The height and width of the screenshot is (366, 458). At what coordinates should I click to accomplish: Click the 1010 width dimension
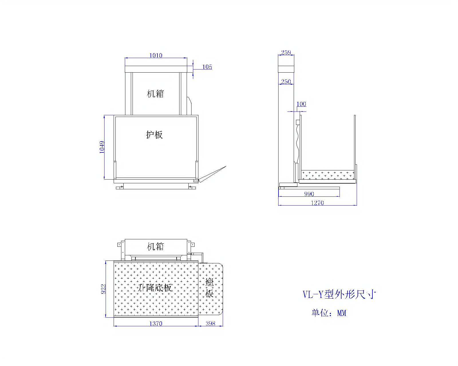click(x=156, y=55)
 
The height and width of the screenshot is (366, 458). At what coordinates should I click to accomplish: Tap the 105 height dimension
click(x=207, y=67)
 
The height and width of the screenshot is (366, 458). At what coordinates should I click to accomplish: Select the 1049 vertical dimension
click(x=102, y=147)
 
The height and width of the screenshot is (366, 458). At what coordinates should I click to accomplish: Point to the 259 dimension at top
click(x=286, y=52)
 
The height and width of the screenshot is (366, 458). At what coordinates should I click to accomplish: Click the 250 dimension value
click(x=286, y=82)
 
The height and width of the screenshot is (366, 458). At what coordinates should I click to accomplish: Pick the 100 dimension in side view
click(x=301, y=104)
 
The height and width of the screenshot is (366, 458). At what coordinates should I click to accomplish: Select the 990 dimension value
click(x=309, y=194)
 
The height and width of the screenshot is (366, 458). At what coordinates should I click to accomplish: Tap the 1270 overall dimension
click(x=317, y=203)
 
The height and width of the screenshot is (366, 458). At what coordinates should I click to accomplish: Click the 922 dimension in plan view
click(x=103, y=289)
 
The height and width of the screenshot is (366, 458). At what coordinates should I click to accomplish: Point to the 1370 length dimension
click(x=156, y=323)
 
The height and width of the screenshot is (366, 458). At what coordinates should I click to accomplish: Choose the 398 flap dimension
click(x=210, y=323)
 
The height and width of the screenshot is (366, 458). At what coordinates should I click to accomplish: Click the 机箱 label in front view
click(x=155, y=94)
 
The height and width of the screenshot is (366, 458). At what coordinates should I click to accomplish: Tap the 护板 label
click(x=154, y=135)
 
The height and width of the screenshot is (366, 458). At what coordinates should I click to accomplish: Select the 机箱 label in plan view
click(x=155, y=246)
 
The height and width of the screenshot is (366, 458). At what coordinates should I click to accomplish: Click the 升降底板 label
click(x=155, y=288)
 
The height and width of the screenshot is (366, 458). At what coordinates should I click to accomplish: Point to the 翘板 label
click(x=210, y=288)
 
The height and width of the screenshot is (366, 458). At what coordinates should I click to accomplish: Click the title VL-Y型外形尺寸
click(x=339, y=294)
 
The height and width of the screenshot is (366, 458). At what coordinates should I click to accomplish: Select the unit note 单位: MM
click(x=329, y=313)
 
